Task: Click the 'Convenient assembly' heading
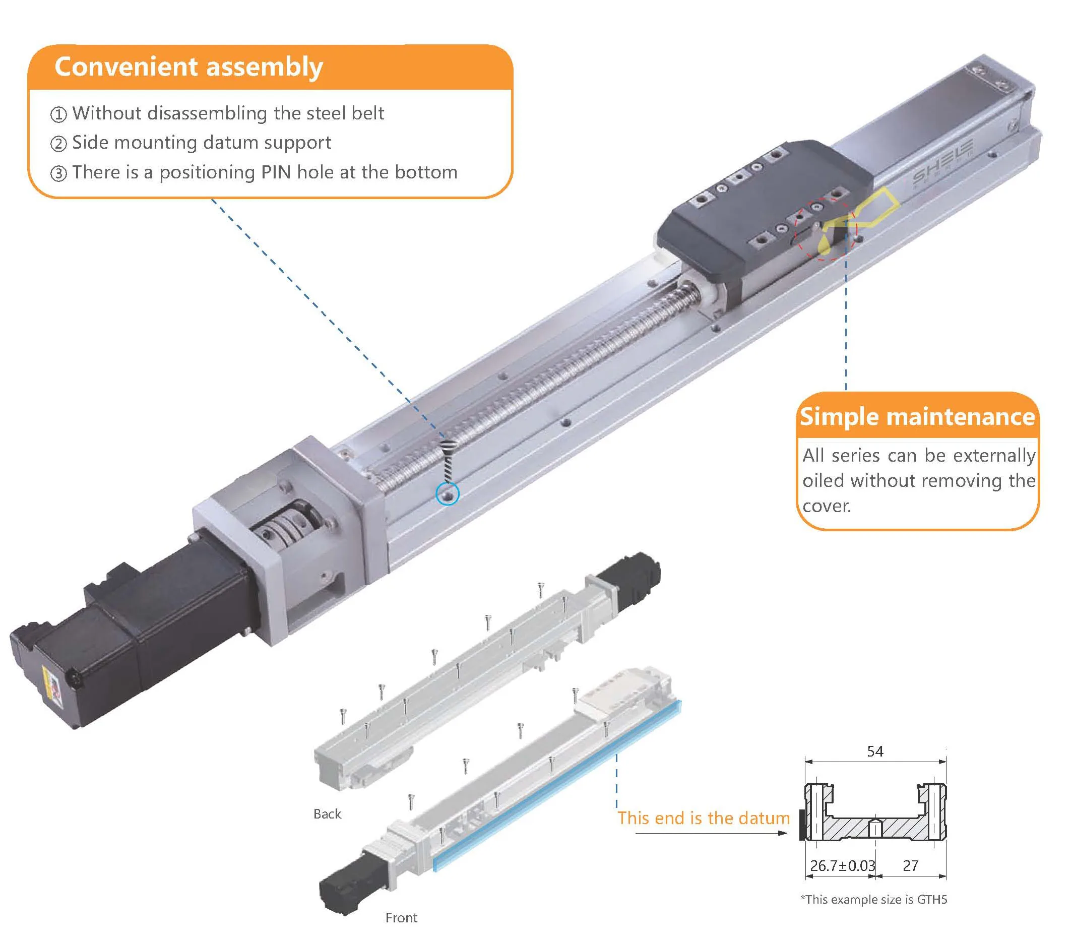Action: tap(188, 67)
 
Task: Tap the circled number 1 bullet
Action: tap(58, 114)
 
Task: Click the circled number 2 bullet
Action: tap(58, 144)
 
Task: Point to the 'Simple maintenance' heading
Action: tap(917, 416)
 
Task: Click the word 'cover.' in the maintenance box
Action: tap(827, 506)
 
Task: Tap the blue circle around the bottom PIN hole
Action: tap(448, 493)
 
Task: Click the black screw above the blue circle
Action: tap(447, 462)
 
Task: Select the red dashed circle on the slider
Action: tap(826, 229)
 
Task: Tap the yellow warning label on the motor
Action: tap(52, 687)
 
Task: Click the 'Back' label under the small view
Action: tap(327, 814)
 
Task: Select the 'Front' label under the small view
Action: tap(401, 918)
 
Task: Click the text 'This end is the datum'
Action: tap(703, 818)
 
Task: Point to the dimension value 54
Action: tap(875, 751)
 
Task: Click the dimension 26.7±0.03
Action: tap(842, 866)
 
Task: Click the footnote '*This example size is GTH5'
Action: tap(873, 900)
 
